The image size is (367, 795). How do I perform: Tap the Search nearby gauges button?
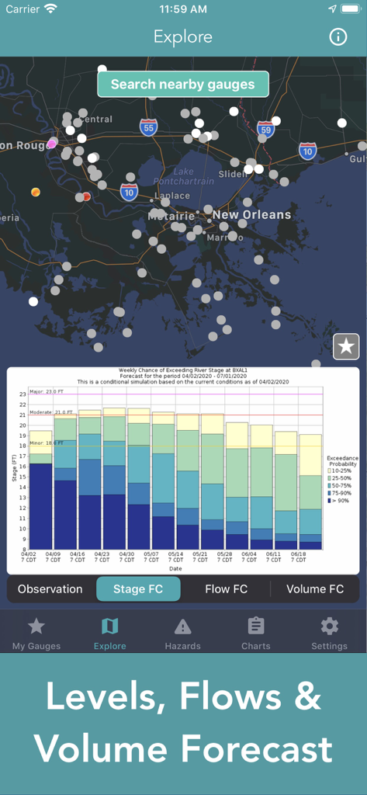[x=182, y=85]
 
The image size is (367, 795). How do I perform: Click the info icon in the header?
[x=338, y=36]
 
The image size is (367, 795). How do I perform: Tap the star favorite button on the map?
[x=346, y=347]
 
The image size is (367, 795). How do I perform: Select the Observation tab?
[x=50, y=589]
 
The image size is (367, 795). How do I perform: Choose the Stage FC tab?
[x=138, y=589]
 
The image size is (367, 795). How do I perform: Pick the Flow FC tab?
[x=227, y=589]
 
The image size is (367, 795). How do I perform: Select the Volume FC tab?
[x=315, y=589]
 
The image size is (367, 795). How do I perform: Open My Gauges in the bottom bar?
[x=36, y=633]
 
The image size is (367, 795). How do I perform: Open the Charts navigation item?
[x=256, y=633]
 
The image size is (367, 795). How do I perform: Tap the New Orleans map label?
[x=252, y=215]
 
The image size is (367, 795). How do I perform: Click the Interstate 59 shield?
[x=266, y=130]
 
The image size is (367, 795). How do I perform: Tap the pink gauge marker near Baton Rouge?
[x=52, y=144]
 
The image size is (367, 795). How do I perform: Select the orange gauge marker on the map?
[x=35, y=192]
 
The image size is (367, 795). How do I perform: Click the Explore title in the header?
[x=183, y=36]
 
